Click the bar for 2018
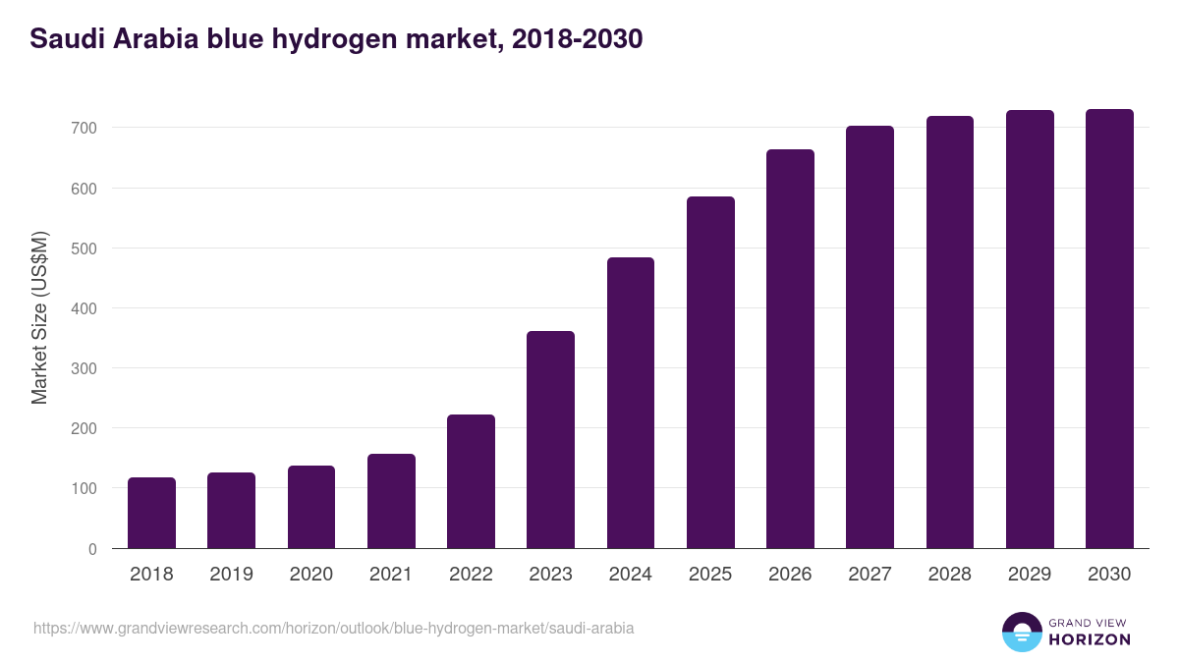click(x=151, y=513)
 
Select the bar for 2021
click(x=391, y=501)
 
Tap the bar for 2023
click(x=550, y=440)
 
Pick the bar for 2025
click(x=710, y=372)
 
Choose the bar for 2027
click(x=870, y=337)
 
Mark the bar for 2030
click(x=1109, y=329)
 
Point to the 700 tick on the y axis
click(x=84, y=128)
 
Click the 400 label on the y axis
click(x=84, y=308)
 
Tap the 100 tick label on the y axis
click(x=84, y=489)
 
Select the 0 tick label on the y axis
click(x=92, y=549)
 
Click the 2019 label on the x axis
click(x=231, y=575)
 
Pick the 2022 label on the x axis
click(x=471, y=575)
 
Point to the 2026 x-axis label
click(x=790, y=575)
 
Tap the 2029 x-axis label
click(x=1030, y=575)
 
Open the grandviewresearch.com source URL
click(x=334, y=628)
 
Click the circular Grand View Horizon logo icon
click(x=1022, y=633)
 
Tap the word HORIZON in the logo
click(x=1090, y=639)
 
